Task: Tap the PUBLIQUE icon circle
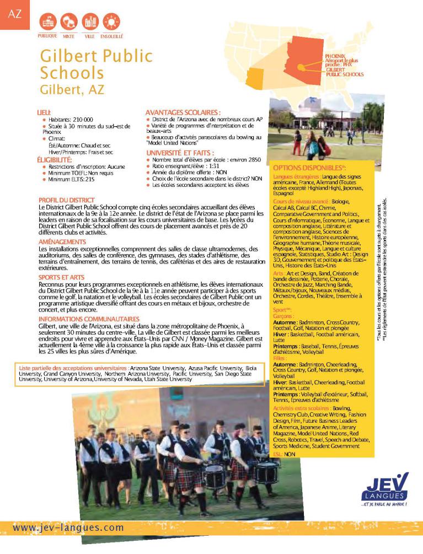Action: point(47,22)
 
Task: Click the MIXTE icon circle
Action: point(69,22)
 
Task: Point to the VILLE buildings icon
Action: point(90,22)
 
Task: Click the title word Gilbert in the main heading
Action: point(67,56)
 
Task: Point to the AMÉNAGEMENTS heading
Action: point(62,241)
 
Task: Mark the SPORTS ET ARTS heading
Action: point(61,277)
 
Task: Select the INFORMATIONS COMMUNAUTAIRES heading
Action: point(89,319)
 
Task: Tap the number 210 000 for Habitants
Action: point(82,119)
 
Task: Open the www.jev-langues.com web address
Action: point(68,528)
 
